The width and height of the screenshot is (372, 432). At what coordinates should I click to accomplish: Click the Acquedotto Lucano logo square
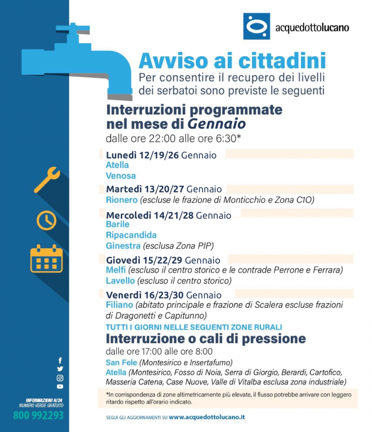click(256, 26)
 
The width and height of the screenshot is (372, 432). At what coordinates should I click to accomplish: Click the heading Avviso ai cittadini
click(232, 61)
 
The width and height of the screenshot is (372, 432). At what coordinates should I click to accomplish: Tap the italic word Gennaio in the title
click(217, 124)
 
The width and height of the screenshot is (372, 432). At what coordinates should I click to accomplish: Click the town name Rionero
click(122, 200)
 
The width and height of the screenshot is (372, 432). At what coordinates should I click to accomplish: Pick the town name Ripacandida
click(131, 235)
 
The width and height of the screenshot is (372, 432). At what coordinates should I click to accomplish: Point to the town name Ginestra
click(123, 246)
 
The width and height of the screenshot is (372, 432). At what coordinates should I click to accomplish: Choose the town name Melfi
click(115, 270)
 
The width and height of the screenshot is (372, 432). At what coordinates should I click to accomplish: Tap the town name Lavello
click(120, 280)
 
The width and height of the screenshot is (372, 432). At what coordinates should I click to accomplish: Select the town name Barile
click(117, 224)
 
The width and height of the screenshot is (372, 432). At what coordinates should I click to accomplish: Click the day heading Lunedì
click(121, 155)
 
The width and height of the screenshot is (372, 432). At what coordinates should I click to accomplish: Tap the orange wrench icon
click(47, 179)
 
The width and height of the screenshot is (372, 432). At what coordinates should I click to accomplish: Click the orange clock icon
click(46, 220)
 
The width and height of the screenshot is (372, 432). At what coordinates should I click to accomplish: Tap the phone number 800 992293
click(38, 415)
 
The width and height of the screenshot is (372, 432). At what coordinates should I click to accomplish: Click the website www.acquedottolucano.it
click(207, 417)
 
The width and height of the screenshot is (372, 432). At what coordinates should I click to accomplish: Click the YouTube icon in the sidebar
click(60, 387)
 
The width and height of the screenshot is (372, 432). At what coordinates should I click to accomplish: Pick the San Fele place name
click(121, 363)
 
